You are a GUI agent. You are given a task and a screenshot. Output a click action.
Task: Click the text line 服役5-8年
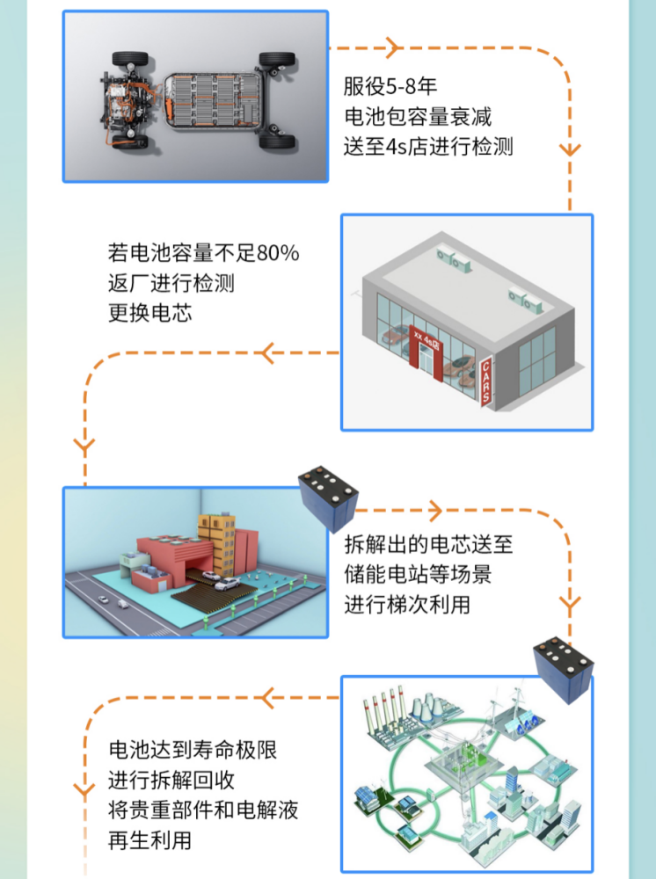(390, 86)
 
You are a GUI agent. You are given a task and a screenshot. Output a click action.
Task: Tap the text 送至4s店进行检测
(428, 147)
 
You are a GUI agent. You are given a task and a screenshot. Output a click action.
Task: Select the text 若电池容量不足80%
(203, 253)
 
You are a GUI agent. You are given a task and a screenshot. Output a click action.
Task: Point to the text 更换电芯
(149, 313)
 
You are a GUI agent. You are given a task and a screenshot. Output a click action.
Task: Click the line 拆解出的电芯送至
(428, 544)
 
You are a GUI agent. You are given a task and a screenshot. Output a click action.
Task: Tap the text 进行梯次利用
(407, 605)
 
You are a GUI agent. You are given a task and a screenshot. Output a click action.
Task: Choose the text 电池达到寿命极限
(193, 750)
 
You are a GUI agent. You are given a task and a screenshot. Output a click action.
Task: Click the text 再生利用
(149, 840)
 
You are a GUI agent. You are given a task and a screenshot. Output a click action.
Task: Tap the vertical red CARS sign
(486, 381)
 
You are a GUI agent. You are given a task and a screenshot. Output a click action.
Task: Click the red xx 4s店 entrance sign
(426, 341)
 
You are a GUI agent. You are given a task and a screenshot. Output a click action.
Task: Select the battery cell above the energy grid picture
(563, 669)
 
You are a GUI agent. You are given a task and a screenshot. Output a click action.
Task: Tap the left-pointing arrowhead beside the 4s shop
(267, 353)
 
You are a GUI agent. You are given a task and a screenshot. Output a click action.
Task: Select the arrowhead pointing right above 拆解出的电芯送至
(435, 510)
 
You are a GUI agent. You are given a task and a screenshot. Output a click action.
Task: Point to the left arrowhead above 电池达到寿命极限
(267, 699)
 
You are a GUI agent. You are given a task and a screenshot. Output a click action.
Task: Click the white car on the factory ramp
(227, 585)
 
